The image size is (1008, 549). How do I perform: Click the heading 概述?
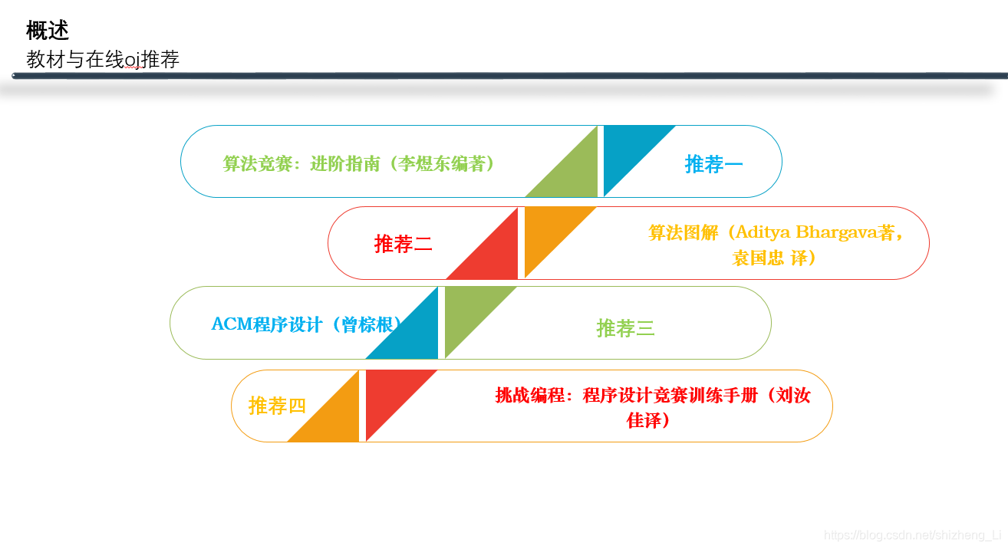coord(48,31)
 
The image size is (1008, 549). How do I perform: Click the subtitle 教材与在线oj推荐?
coord(103,60)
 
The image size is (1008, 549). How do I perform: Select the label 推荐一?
coord(713,164)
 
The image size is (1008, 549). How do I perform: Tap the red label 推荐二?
coord(403,245)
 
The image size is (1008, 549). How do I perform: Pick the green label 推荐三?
coord(625,328)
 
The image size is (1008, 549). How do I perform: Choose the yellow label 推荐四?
coord(277,406)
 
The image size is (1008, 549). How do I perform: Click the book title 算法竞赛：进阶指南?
coord(301,163)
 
